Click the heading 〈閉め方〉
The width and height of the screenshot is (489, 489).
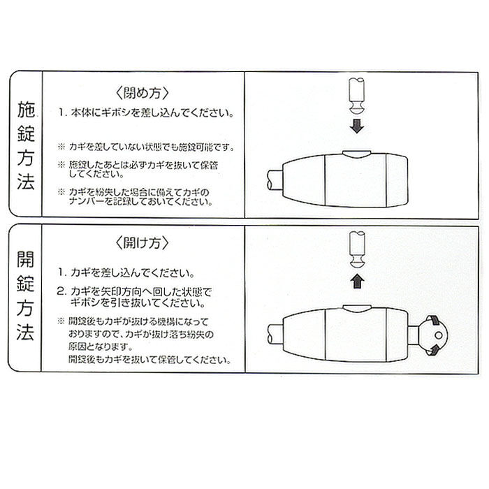(140, 94)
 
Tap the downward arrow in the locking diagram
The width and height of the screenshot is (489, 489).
(356, 127)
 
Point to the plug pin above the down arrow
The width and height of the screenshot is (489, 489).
(356, 97)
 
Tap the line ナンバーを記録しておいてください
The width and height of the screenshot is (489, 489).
(140, 203)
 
